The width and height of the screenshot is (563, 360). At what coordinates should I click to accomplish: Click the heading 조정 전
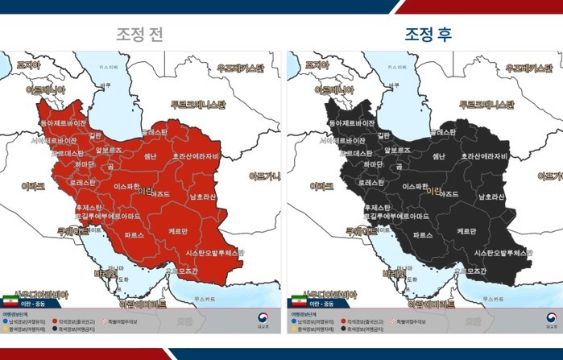[x=143, y=35]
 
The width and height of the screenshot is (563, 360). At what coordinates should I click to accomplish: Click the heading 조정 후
[x=428, y=35]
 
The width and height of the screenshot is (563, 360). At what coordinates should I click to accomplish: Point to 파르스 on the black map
[x=423, y=235]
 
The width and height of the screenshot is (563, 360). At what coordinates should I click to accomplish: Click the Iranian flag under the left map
[x=12, y=298]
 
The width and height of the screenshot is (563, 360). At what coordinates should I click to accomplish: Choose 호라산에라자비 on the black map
[x=484, y=156]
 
